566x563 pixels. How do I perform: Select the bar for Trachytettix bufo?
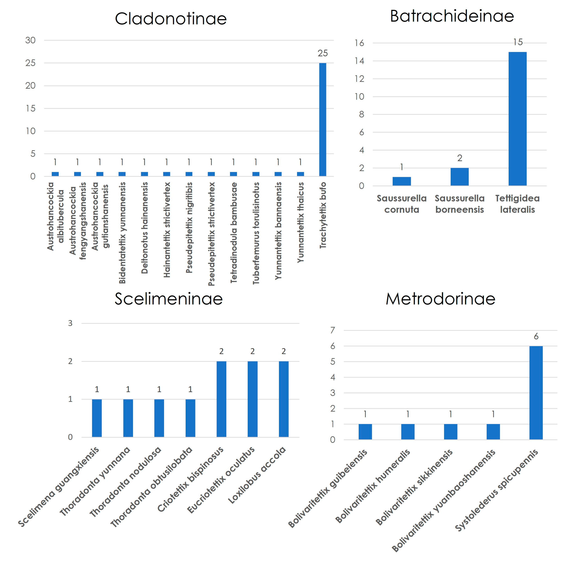(x=322, y=120)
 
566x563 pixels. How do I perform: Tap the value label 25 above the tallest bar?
(x=323, y=53)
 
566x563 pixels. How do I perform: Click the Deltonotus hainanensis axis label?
(x=144, y=228)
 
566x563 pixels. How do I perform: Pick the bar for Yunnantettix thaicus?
(x=300, y=174)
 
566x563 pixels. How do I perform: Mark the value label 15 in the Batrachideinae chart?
(x=518, y=42)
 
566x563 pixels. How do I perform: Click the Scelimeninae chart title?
(x=169, y=299)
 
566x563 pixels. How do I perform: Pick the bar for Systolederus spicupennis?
(x=536, y=393)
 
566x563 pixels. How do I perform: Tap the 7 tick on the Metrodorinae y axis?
(x=333, y=330)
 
